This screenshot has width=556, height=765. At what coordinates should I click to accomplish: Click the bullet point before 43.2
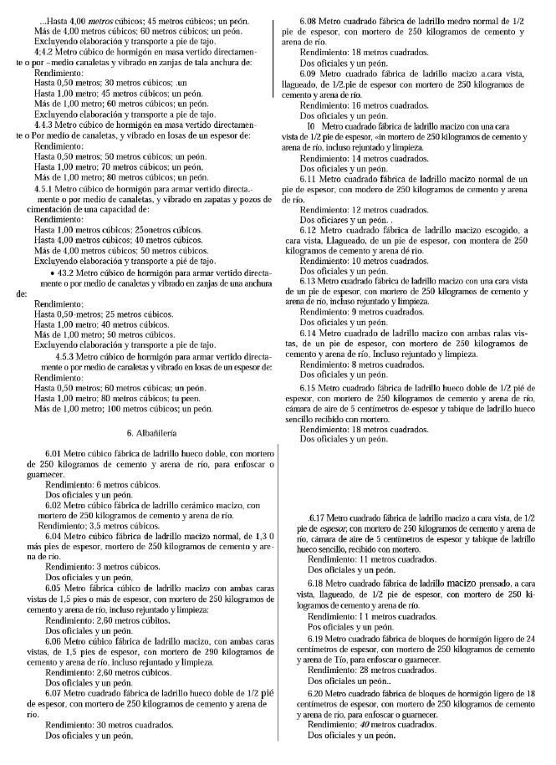(x=53, y=273)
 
